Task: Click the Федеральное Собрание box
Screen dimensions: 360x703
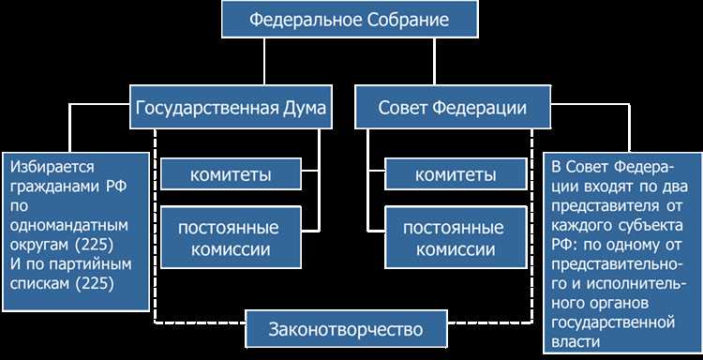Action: (x=350, y=20)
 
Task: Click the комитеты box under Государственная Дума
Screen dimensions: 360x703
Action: (x=230, y=174)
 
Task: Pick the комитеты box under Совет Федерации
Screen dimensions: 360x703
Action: (x=455, y=174)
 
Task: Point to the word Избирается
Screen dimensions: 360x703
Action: (x=53, y=166)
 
